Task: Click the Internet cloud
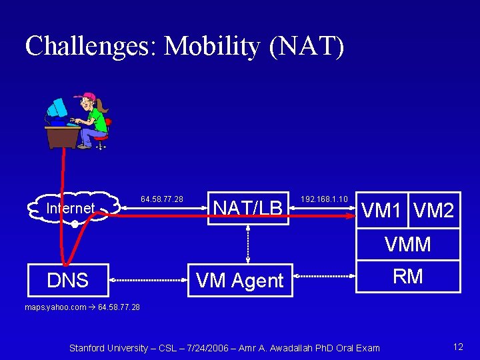[71, 209]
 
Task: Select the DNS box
[68, 280]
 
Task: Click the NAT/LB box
[247, 208]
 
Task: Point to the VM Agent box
[239, 281]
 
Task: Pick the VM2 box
[434, 211]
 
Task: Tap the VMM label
[407, 245]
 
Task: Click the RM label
[407, 276]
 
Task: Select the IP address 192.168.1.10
[324, 199]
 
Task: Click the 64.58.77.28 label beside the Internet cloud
[161, 199]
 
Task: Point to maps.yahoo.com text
[55, 307]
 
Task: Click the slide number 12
[457, 347]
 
